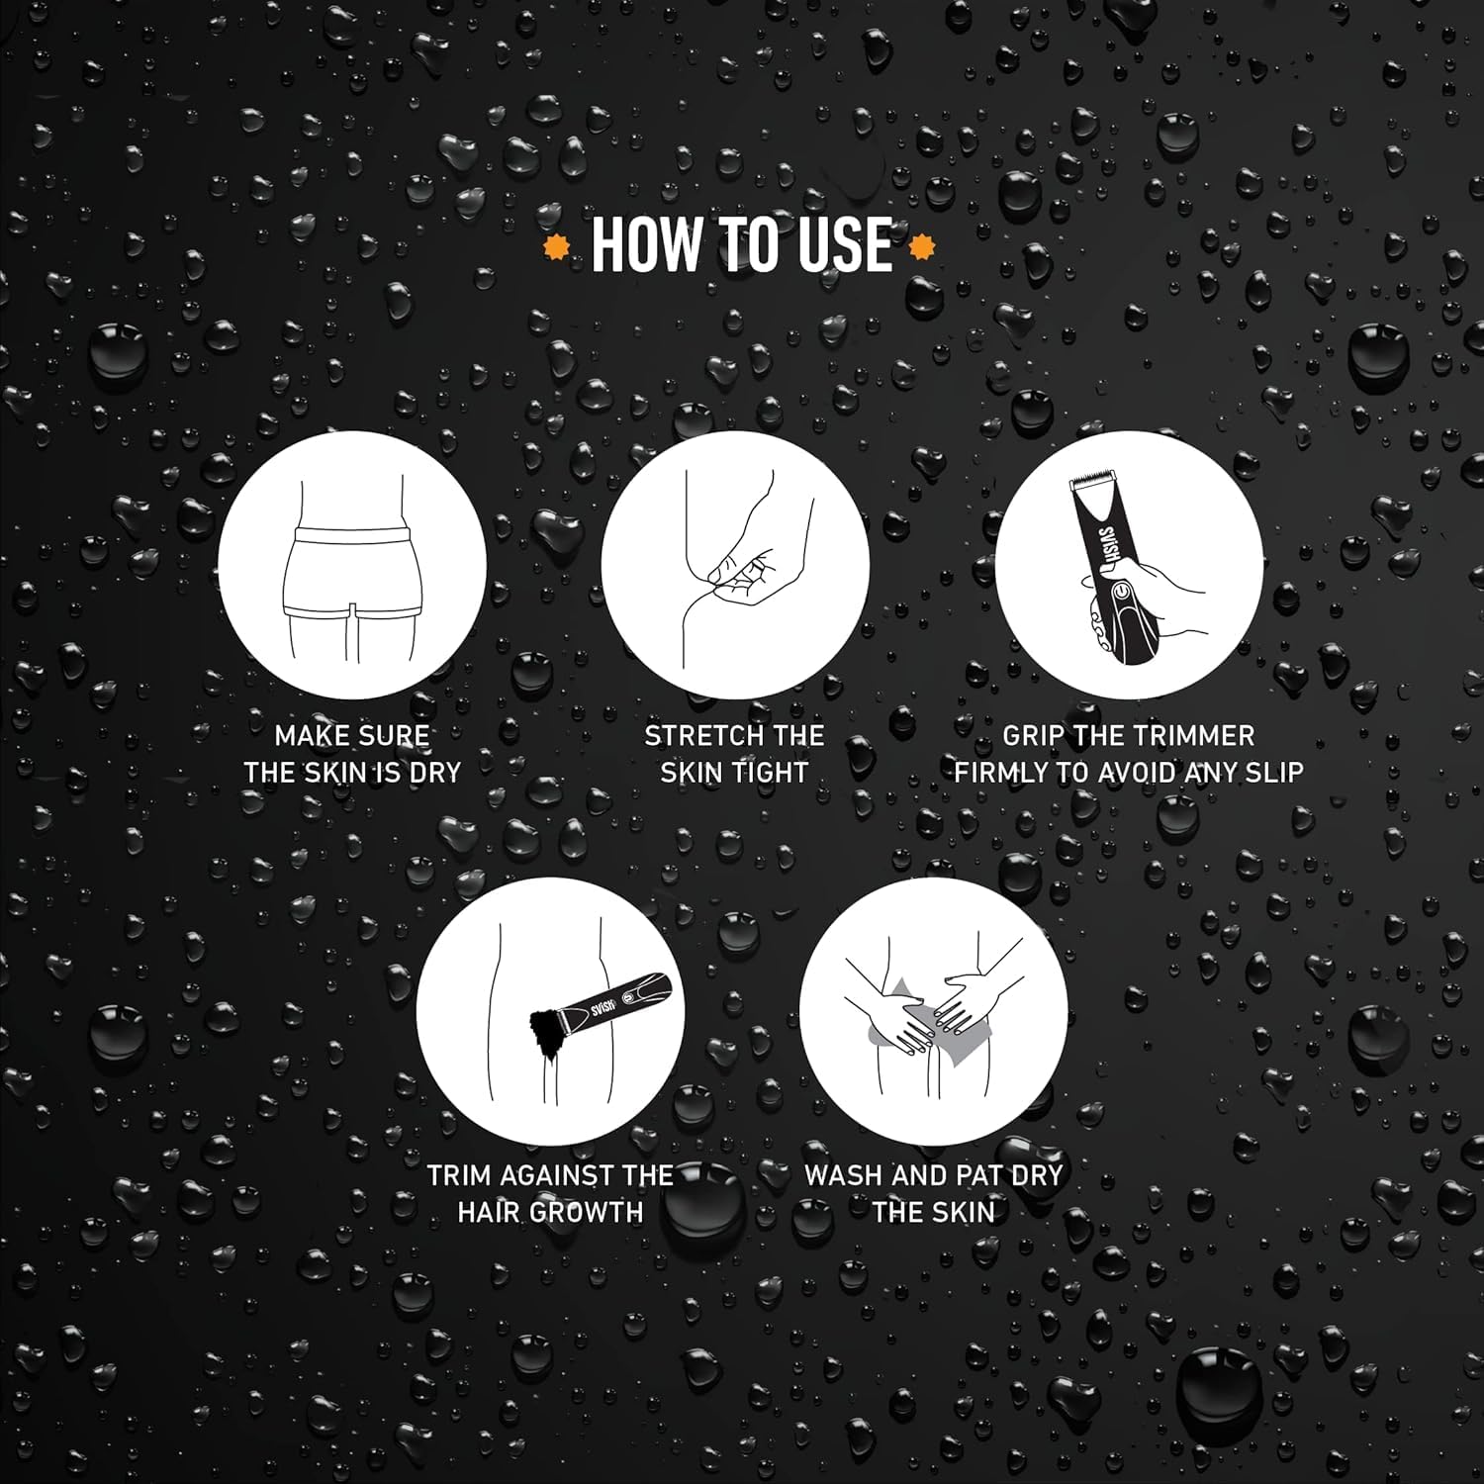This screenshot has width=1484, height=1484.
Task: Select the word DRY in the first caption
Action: coord(435,773)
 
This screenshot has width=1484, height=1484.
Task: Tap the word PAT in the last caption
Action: coord(982,1175)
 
